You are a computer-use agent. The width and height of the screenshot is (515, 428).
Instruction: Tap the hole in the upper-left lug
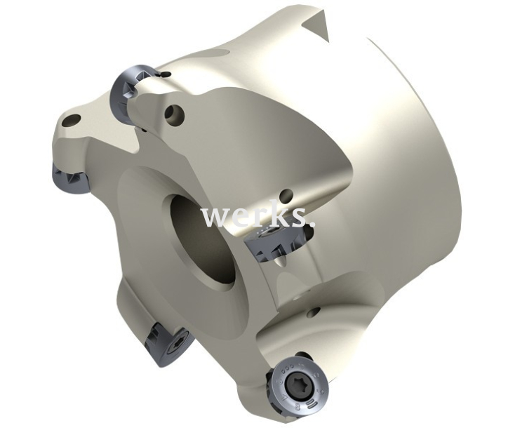tap(72, 120)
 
